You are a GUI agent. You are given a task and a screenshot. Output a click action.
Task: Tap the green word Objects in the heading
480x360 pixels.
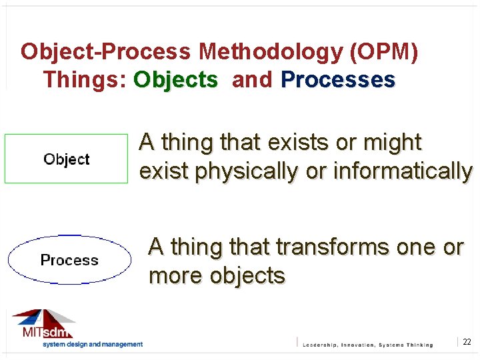(x=176, y=80)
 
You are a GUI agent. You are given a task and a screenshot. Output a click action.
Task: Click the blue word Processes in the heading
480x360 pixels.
(x=338, y=80)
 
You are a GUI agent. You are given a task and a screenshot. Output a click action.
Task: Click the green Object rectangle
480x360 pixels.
(x=66, y=159)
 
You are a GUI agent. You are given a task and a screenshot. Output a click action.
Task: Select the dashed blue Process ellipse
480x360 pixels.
(x=69, y=260)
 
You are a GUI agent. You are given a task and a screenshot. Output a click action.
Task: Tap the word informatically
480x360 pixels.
(x=402, y=171)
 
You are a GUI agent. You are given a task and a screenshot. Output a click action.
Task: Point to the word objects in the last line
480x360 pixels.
(x=247, y=276)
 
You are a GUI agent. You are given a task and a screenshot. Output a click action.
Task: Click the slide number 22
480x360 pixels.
(x=467, y=342)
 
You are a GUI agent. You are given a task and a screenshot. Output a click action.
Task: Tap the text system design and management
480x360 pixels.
(x=93, y=345)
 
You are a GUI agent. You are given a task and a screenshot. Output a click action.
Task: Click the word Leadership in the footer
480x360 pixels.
(x=324, y=345)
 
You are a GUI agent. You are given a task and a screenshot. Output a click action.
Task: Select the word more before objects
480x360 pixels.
(x=176, y=276)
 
